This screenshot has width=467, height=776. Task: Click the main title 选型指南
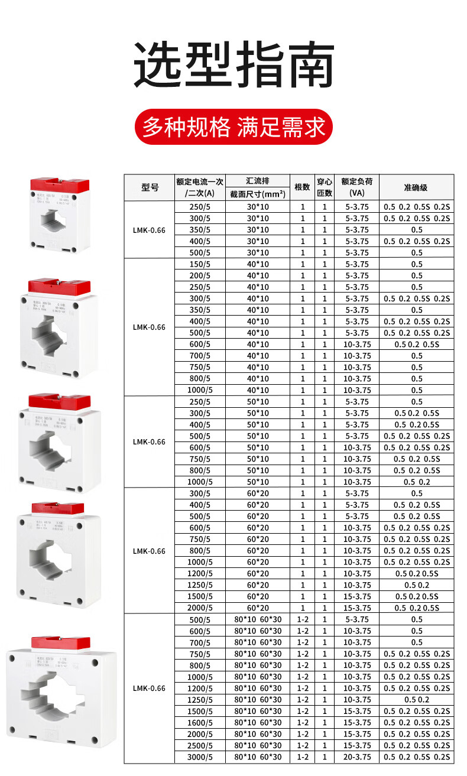pos(234,65)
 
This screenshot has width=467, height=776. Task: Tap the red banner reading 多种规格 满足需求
pos(234,126)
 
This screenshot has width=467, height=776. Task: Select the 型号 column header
pos(150,187)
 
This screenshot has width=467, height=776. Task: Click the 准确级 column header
pos(416,187)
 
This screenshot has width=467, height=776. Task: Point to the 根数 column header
pos(302,187)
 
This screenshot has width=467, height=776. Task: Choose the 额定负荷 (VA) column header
pos(357,187)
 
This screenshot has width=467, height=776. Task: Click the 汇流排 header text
pos(257,181)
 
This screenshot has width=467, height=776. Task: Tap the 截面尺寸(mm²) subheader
pos(257,194)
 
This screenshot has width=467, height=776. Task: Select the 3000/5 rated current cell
pos(200,757)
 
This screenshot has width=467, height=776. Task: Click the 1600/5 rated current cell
pos(200,723)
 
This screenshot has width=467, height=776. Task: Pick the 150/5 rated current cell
pos(200,264)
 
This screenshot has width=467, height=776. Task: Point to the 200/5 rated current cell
pos(200,275)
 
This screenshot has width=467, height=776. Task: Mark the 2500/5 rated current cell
pos(200,746)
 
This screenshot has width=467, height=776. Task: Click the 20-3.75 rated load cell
pos(357,757)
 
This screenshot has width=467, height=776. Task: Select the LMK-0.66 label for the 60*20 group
pos(150,551)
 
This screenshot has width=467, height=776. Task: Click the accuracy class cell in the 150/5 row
pos(416,264)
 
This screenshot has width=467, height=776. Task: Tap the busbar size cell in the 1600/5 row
pos(257,723)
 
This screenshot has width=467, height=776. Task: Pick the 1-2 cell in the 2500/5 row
pos(302,746)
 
